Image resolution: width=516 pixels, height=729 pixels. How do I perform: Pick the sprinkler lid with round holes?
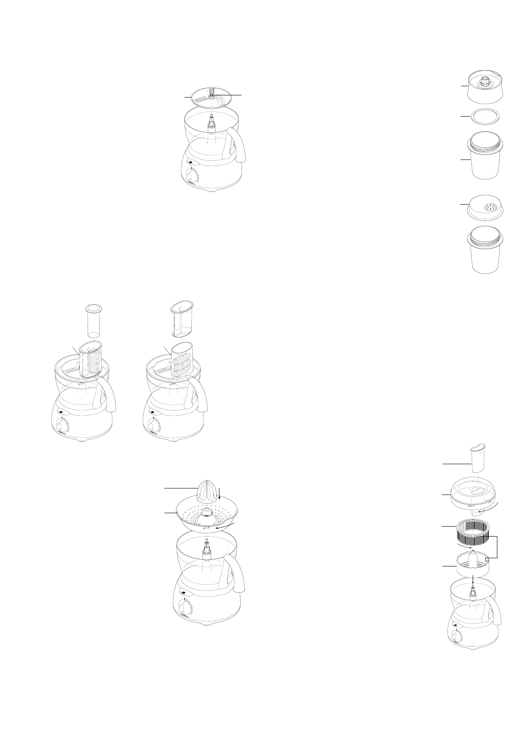487,207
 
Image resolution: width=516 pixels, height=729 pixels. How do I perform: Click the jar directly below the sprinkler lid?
487,254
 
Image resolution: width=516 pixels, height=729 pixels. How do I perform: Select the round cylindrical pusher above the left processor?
92,321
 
